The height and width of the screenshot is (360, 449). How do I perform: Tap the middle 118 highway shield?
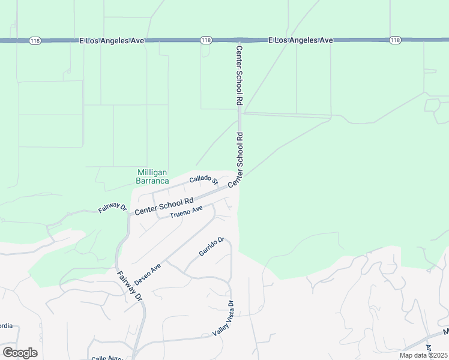coord(206,40)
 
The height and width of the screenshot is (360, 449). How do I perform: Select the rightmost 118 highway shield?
coord(394,40)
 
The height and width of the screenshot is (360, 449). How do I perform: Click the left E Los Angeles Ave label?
coord(112,40)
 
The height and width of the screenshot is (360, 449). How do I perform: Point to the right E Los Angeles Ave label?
coord(300,40)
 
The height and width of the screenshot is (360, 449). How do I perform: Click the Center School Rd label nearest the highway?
coord(239,76)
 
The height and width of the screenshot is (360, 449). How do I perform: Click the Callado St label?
coord(203,179)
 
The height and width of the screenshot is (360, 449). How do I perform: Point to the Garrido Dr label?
coord(211,247)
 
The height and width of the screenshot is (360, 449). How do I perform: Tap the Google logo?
coord(20,353)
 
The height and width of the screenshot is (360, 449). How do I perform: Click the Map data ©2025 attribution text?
coord(423,355)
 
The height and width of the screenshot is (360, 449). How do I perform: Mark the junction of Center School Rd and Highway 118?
coord(239,40)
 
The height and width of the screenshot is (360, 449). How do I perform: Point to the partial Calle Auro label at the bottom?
coord(107,358)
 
